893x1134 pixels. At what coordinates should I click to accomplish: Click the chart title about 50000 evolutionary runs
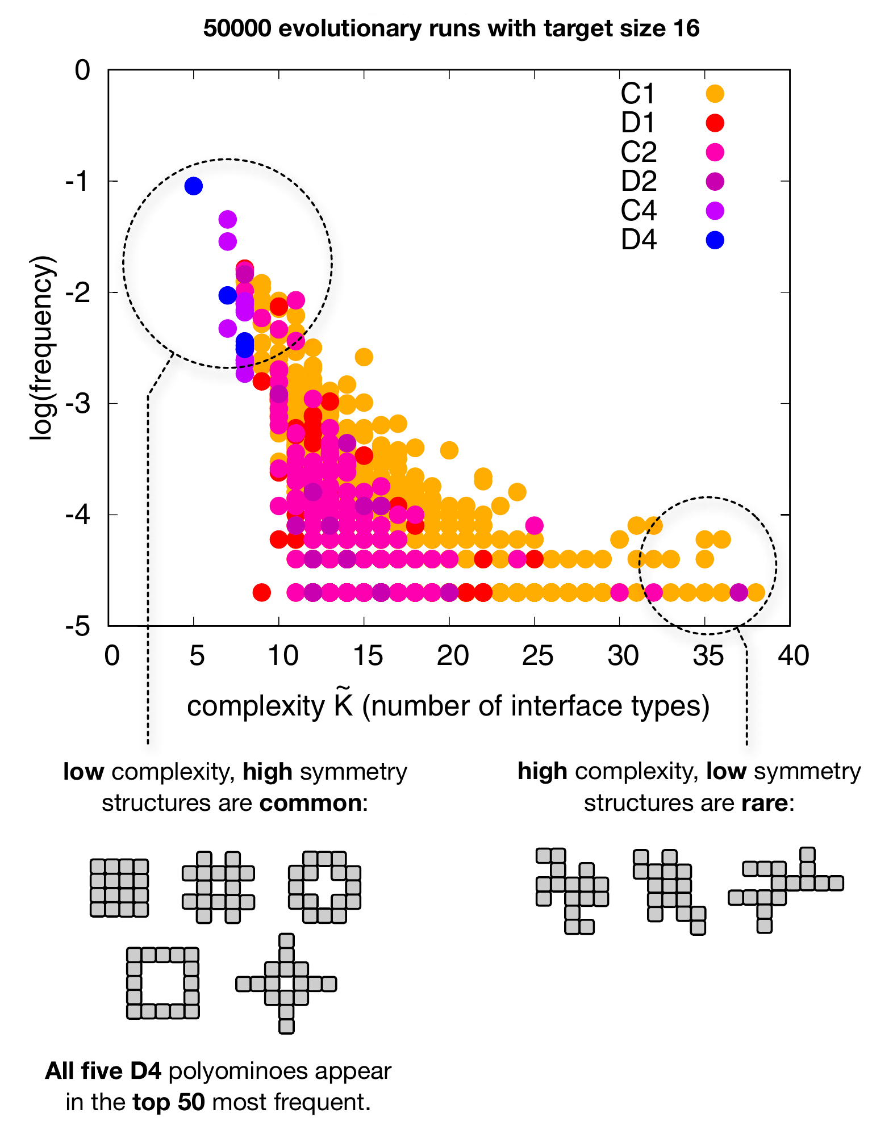(x=451, y=28)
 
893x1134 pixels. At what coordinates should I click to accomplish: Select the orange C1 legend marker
(x=715, y=94)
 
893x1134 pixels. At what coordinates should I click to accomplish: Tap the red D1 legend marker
(x=715, y=123)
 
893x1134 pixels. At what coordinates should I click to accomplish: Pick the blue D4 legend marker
(x=715, y=240)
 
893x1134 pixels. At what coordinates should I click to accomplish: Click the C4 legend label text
(x=639, y=211)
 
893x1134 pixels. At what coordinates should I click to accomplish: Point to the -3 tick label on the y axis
(x=78, y=403)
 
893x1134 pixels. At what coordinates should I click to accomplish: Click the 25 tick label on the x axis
(x=537, y=656)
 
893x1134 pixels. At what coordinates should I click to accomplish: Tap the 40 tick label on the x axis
(x=793, y=656)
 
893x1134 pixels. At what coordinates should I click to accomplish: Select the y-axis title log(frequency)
(x=43, y=348)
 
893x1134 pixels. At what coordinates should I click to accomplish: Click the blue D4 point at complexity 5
(x=194, y=186)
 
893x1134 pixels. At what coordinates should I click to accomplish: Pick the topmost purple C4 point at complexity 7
(x=227, y=219)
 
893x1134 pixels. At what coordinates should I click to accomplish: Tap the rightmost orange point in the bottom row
(x=756, y=593)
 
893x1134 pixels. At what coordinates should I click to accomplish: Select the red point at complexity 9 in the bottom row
(x=261, y=593)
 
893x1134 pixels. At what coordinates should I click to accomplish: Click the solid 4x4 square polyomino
(x=119, y=888)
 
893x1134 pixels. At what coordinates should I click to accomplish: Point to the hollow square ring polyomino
(x=162, y=982)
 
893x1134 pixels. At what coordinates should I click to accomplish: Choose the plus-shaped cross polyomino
(x=286, y=983)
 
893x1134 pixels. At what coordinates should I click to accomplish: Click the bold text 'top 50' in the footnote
(x=168, y=1102)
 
